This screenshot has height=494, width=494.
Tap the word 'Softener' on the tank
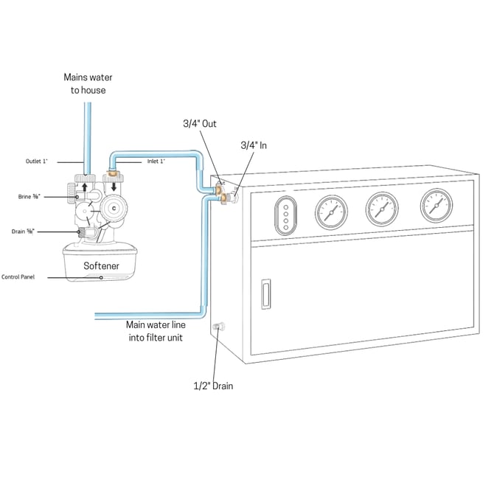pos(101,265)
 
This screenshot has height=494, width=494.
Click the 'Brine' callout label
pos(29,197)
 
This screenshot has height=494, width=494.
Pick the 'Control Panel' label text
pos(27,277)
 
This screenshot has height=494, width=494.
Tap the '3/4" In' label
pos(254,146)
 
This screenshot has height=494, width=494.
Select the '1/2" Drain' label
pos(213,385)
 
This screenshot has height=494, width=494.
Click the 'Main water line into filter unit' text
pos(156,330)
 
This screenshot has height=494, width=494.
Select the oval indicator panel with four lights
pos(285,216)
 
